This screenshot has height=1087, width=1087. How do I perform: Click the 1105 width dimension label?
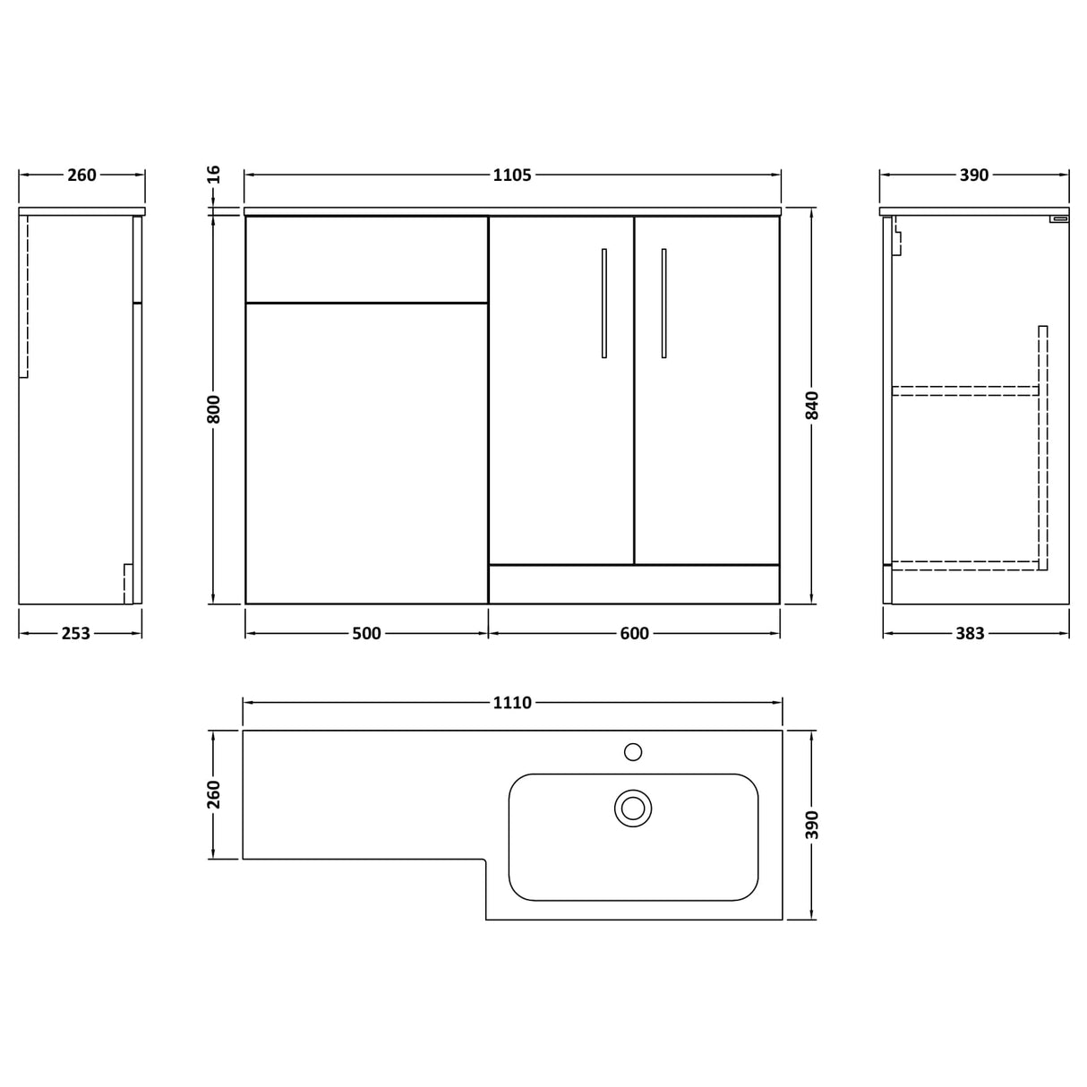tap(512, 175)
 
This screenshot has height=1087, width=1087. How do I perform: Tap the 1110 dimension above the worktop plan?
tap(512, 704)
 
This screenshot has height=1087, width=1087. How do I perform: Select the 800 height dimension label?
tap(213, 408)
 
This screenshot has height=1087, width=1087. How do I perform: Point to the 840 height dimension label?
tap(812, 406)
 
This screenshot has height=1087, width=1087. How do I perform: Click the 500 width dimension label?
tap(366, 634)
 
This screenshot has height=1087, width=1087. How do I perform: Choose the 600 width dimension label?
tap(634, 634)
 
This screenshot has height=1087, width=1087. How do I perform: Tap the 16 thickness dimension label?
tap(213, 175)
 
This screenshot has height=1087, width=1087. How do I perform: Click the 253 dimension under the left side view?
tap(76, 634)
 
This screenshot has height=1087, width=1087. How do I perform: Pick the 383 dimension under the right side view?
tap(970, 634)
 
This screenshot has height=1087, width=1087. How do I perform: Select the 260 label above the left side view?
tap(81, 175)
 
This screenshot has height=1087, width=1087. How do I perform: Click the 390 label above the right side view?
tap(974, 175)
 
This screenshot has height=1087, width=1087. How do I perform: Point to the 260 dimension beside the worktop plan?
tap(213, 794)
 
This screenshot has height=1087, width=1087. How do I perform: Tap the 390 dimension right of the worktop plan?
tap(812, 825)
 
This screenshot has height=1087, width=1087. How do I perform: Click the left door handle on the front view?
tap(604, 303)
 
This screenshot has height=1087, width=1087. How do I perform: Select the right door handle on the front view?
tap(663, 303)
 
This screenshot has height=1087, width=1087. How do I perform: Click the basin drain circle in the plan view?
tap(633, 809)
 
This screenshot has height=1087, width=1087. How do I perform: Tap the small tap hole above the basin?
tap(633, 752)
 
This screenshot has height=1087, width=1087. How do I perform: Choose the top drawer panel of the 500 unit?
tap(366, 260)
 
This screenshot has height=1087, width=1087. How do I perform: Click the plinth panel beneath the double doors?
tap(634, 584)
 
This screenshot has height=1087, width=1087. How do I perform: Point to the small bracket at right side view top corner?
tap(1060, 218)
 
